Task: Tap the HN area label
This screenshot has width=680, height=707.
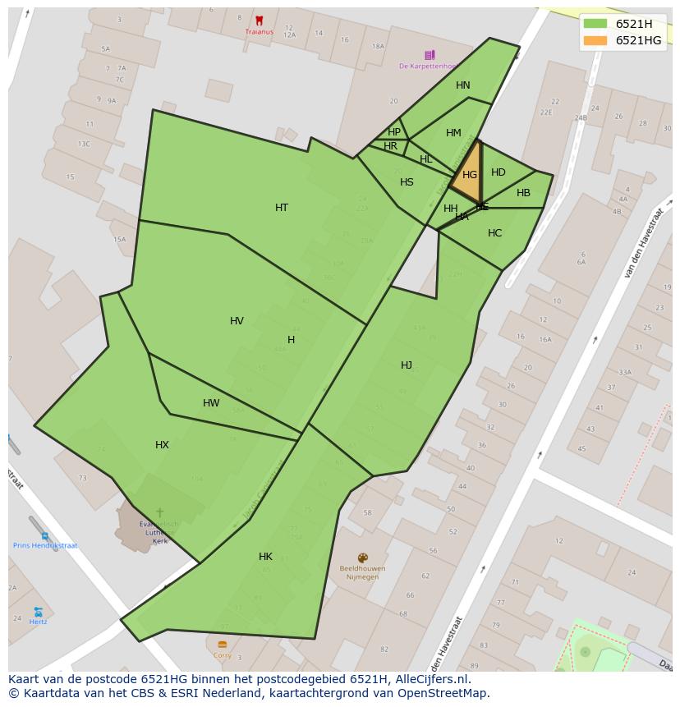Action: (463, 85)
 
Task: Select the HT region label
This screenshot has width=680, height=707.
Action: (282, 208)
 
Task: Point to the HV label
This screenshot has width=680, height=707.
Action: (237, 321)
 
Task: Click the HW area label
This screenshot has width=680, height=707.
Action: (211, 403)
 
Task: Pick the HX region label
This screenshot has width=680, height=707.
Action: (162, 445)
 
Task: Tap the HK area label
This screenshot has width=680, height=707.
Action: (265, 557)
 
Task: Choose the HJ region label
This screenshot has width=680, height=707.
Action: (407, 365)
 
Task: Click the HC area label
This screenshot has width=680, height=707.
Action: (494, 233)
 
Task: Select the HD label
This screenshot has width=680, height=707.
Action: (499, 172)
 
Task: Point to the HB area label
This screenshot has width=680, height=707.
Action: (523, 194)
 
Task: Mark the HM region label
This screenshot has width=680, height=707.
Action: (453, 133)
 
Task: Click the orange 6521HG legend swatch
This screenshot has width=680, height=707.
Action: (595, 40)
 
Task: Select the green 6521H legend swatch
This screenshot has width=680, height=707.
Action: (595, 24)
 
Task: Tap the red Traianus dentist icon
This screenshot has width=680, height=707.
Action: (260, 21)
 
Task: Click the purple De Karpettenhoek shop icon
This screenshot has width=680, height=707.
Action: (430, 55)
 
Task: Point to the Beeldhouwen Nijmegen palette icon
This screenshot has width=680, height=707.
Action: (362, 558)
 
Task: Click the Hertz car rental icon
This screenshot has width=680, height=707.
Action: (38, 612)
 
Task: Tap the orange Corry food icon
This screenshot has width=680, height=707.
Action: (222, 645)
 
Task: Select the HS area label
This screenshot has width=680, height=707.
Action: (407, 182)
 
